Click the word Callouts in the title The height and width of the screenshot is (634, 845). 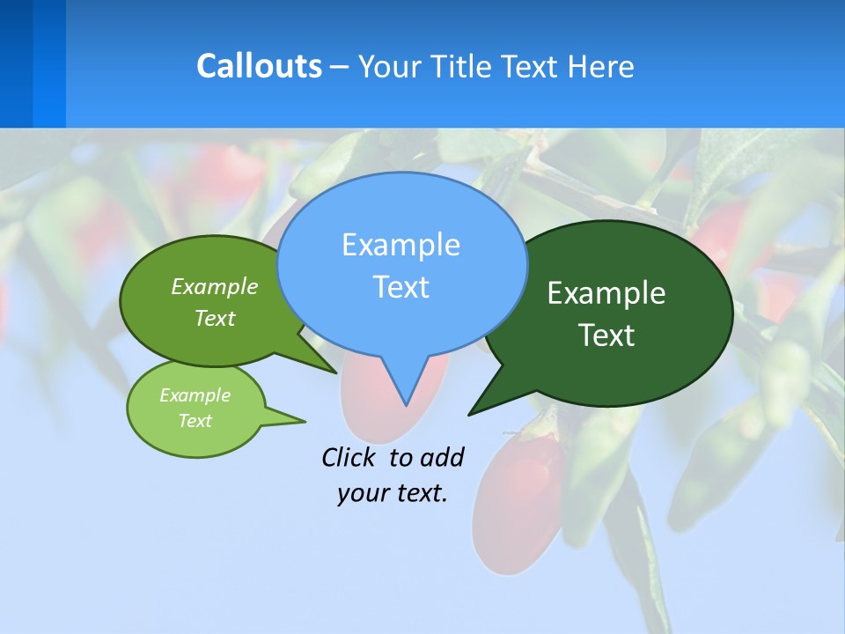[259, 66]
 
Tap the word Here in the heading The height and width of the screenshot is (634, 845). [600, 66]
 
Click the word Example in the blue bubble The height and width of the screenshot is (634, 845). [400, 245]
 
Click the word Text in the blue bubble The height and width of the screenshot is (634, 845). [400, 287]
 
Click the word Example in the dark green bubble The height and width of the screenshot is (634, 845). [606, 293]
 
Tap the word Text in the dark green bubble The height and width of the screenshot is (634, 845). [606, 335]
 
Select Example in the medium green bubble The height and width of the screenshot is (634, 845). [215, 287]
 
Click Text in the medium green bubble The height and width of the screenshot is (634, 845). [215, 319]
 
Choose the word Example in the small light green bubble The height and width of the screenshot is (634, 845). [195, 395]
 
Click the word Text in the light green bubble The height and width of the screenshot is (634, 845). [195, 421]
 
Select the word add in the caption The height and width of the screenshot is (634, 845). [442, 457]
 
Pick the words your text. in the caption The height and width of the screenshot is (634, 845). [393, 493]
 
